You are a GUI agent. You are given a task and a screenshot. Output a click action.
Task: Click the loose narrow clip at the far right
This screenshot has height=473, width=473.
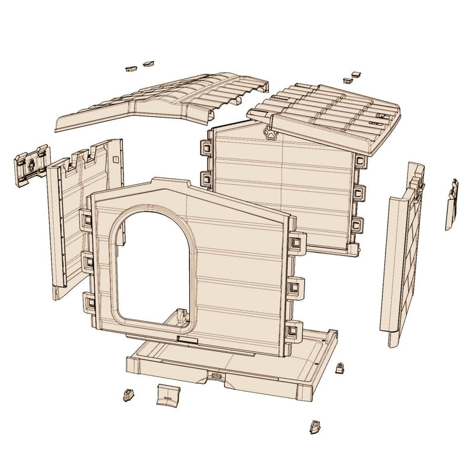[x=452, y=203]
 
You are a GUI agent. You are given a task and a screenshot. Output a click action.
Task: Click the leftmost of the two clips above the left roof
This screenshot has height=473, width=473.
[x=129, y=69]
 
